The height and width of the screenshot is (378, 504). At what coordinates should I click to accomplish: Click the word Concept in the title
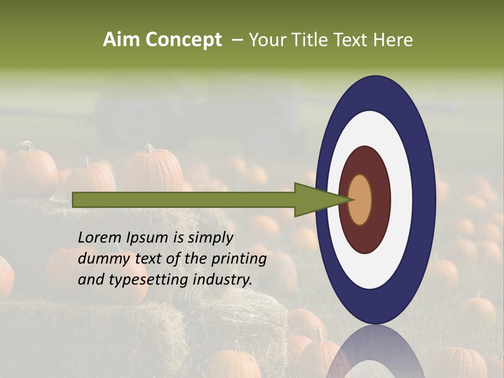coord(183,40)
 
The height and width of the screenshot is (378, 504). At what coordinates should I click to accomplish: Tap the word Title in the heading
coord(310,40)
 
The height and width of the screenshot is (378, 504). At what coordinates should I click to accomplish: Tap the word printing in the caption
coord(238,259)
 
